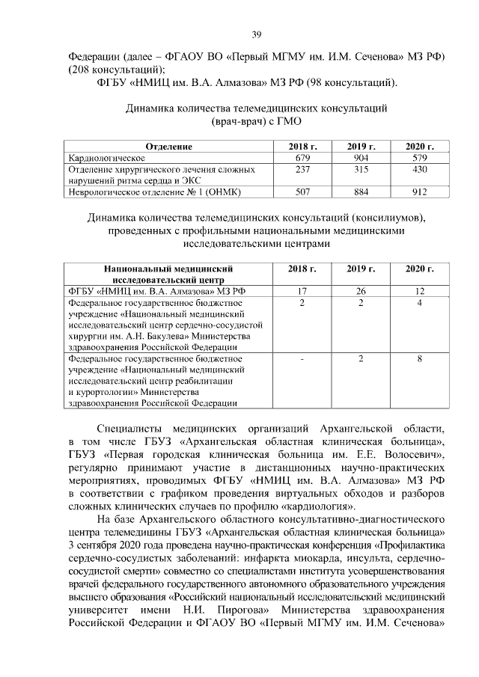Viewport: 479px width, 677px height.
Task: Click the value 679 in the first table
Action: (x=302, y=159)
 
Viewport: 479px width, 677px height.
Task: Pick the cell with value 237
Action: (x=302, y=170)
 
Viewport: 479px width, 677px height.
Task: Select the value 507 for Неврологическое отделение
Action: (x=302, y=192)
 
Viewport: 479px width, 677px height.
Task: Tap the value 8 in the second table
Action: (x=420, y=359)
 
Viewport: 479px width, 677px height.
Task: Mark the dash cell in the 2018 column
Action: (x=302, y=359)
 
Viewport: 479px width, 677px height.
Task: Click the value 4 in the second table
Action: (x=420, y=302)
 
